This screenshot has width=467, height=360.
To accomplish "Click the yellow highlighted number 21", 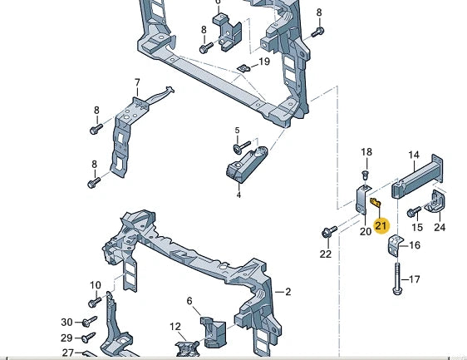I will [381, 225].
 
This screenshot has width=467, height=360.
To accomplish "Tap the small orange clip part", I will [374, 202].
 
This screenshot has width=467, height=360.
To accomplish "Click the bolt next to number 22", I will [328, 230].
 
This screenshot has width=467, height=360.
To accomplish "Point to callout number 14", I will [413, 155].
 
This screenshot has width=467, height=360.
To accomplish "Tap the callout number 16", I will [415, 245].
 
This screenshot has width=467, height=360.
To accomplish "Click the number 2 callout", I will [288, 292].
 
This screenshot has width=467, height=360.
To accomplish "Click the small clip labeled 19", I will [243, 67].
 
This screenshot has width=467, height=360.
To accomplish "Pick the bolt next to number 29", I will [87, 338].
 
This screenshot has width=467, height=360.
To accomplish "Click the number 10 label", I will [95, 285].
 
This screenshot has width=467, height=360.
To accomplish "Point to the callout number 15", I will [417, 227].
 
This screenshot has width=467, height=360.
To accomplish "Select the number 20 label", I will [365, 232].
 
